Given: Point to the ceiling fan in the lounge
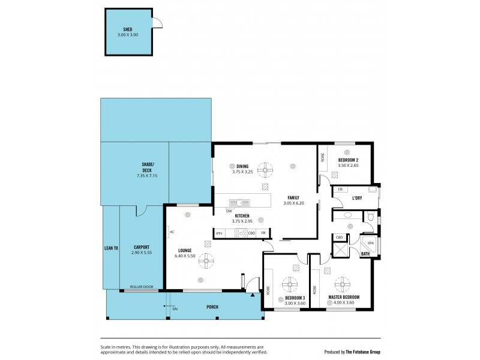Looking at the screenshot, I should [206, 259].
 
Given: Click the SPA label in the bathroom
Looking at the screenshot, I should [370, 243].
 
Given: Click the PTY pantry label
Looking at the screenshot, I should [220, 233].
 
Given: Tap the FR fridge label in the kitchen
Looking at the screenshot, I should [263, 233].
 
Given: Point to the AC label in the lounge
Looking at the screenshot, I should [172, 232].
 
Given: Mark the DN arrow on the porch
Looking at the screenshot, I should [167, 307].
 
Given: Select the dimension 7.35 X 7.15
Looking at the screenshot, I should [147, 176].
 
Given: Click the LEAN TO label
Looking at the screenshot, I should [111, 247].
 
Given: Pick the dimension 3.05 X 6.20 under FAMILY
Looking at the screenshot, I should [295, 203].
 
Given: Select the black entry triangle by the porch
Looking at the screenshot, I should [251, 294].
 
